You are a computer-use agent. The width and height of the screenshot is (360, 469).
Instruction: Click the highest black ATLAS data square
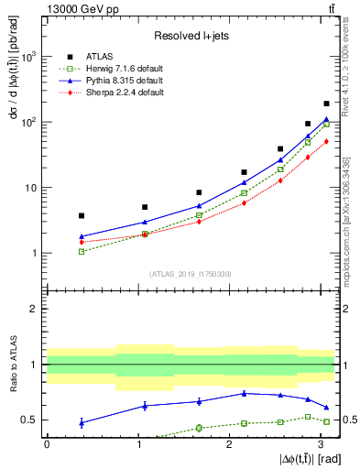tap(326, 104)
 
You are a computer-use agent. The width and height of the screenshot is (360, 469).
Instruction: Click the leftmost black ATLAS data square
tap(82, 215)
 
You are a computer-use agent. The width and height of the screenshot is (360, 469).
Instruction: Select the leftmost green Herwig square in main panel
tap(82, 251)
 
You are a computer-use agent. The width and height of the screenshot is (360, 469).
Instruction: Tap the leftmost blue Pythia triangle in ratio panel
tap(82, 422)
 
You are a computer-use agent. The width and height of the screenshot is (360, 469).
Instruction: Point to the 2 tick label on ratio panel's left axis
tap(34, 309)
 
